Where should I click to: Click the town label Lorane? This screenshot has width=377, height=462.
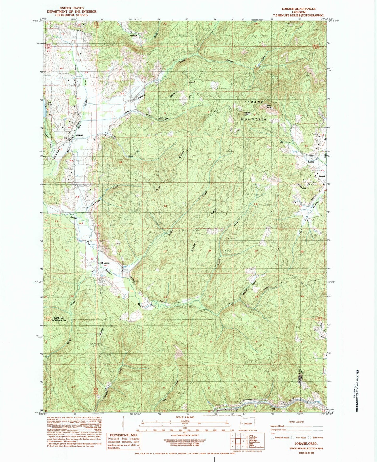(79, 135)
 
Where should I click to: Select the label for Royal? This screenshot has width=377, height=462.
(321, 176)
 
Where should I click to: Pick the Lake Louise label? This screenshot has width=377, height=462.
(49, 103)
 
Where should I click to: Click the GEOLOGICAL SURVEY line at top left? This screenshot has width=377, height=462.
(71, 15)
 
